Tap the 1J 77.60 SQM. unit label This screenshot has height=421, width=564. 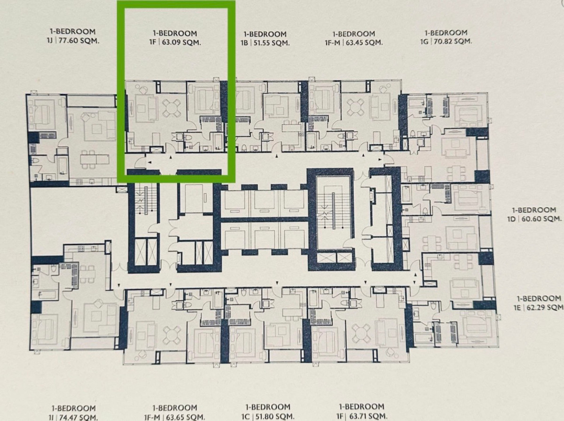click(72, 40)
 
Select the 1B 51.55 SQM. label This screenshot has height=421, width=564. click(265, 43)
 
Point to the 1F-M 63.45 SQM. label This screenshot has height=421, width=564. click(353, 42)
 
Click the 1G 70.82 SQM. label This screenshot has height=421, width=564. click(446, 41)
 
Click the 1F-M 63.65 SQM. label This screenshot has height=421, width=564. click(174, 416)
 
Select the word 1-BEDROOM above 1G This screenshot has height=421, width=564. click(446, 33)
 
